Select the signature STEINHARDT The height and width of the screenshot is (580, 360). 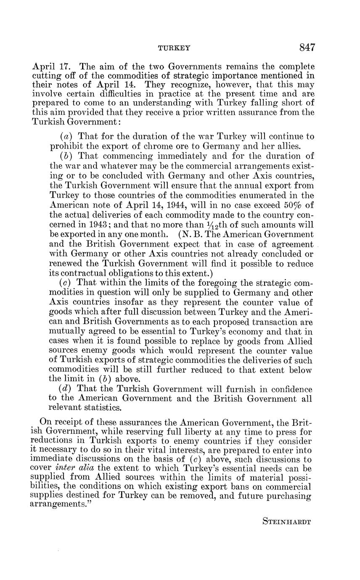(x=286, y=522)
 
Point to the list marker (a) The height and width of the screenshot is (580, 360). (x=67, y=137)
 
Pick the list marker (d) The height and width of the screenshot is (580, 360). (x=67, y=389)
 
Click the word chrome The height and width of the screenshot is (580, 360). (x=143, y=146)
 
